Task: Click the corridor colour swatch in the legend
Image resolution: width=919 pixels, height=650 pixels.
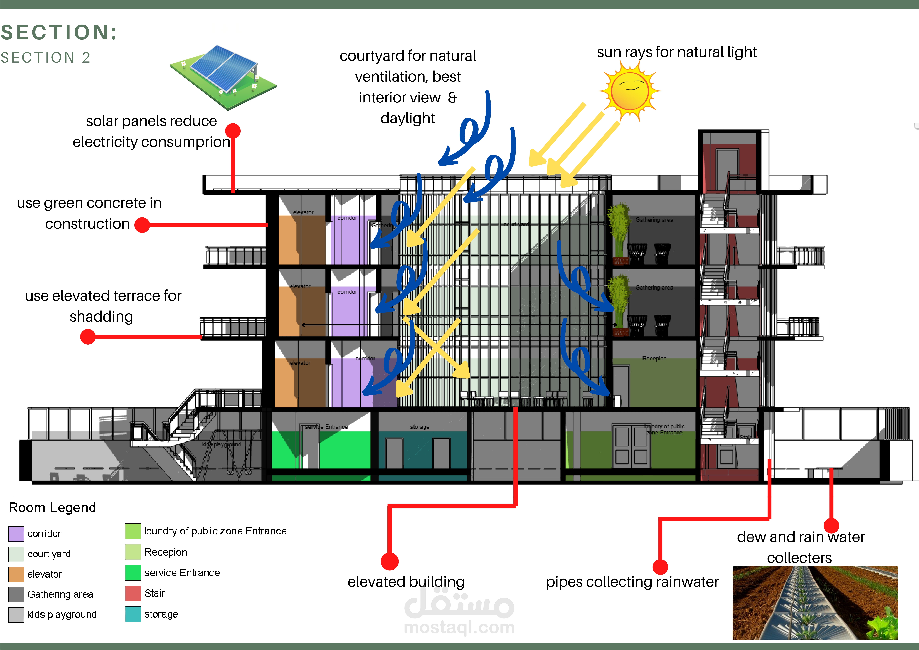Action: click(16, 534)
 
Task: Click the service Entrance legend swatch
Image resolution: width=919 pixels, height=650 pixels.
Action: click(133, 572)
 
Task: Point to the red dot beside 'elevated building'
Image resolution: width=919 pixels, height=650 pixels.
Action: click(389, 561)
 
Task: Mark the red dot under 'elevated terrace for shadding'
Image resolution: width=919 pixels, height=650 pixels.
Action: click(88, 337)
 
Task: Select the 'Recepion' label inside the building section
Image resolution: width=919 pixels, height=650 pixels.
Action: click(654, 358)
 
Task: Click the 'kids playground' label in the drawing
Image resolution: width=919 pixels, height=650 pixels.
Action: click(221, 444)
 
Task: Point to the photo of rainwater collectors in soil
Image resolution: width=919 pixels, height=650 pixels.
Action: click(815, 602)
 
